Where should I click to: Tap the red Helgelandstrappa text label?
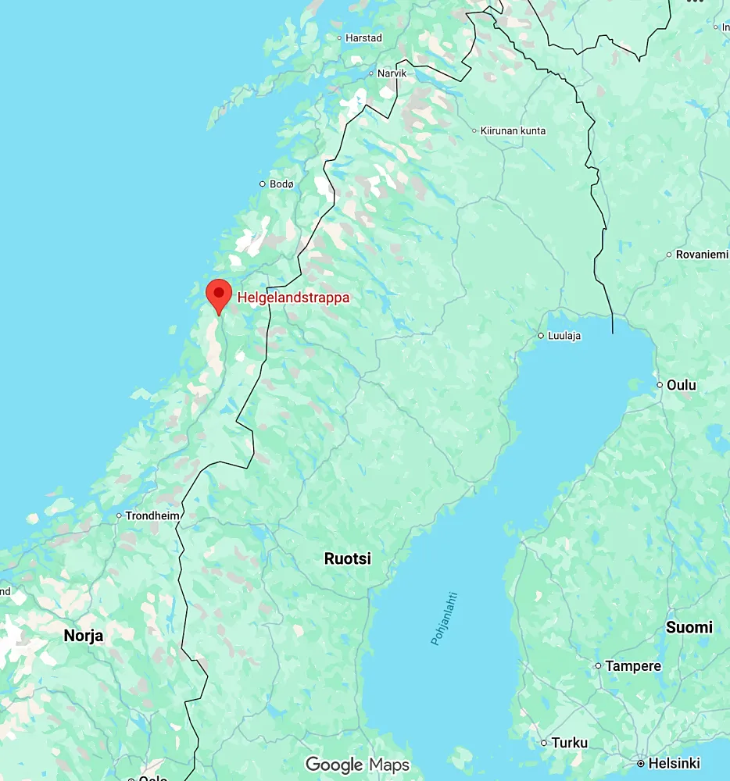(293, 298)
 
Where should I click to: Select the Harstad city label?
(364, 37)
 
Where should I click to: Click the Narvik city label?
(392, 73)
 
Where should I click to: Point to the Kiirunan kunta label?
(514, 130)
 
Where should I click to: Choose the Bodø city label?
(281, 184)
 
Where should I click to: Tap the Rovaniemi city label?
(702, 255)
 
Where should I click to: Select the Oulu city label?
(682, 385)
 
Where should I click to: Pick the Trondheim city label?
(153, 515)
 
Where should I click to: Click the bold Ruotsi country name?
(348, 559)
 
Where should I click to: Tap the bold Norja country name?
(84, 636)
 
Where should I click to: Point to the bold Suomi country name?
(689, 627)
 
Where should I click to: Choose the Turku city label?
(569, 743)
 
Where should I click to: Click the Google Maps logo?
(357, 765)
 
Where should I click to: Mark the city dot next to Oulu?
(660, 385)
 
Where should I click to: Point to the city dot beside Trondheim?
(119, 515)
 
